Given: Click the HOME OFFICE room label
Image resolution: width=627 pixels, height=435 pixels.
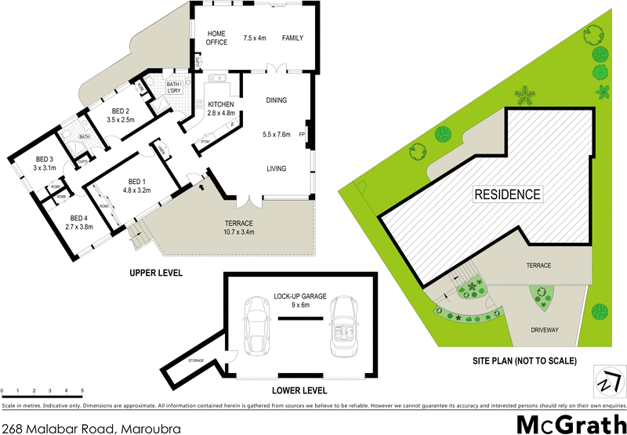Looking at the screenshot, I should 216,38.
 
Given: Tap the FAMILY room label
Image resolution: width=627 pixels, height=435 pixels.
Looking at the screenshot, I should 292,38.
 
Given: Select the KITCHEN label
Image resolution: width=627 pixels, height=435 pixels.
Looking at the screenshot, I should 221,104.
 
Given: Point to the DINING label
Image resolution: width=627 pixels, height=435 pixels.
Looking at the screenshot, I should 276,100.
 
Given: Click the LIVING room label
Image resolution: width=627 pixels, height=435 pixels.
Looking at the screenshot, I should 276,169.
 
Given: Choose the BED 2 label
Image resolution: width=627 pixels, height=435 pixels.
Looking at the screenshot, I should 121,111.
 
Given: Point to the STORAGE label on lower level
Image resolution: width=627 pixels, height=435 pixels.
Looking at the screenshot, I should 196,361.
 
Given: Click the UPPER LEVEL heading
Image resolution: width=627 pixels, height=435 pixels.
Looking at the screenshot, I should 156,274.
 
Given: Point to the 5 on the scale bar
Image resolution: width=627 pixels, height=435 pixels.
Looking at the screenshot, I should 82,390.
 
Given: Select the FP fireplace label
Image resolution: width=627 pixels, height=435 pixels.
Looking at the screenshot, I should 302,134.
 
